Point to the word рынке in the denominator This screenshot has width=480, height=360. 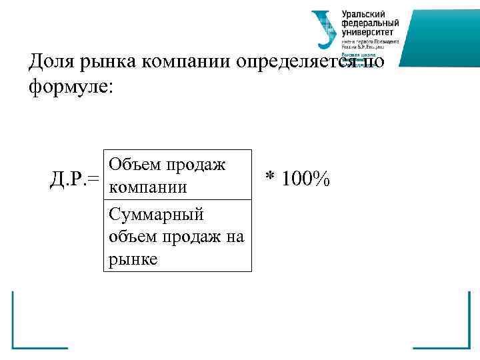[132, 259]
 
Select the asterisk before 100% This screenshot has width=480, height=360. [270, 177]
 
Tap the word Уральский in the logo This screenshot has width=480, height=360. [363, 15]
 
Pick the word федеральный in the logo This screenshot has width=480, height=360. [367, 23]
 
